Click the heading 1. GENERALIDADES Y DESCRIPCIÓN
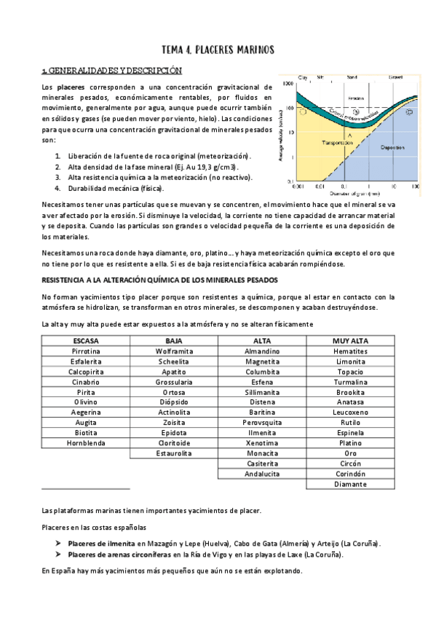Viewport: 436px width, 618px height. [x=111, y=71]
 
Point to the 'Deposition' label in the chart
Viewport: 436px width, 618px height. [x=392, y=146]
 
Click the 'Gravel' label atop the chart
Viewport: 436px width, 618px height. [x=396, y=76]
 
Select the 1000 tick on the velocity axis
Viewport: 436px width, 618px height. [x=289, y=84]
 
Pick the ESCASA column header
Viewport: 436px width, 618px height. [x=86, y=340]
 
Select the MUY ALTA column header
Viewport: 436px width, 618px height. [x=350, y=340]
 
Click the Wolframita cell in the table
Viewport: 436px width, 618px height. [x=174, y=351]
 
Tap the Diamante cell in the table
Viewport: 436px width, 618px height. [x=350, y=483]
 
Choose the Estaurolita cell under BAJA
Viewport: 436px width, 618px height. [x=174, y=453]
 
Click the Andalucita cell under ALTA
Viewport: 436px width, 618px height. [x=262, y=473]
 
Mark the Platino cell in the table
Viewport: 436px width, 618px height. [x=350, y=442]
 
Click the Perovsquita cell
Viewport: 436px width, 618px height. [x=262, y=422]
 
